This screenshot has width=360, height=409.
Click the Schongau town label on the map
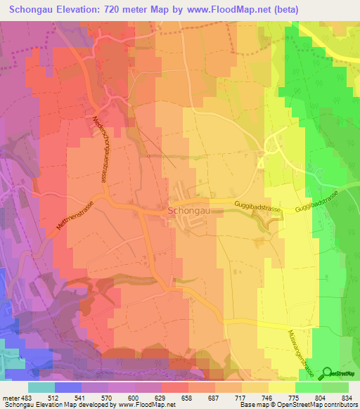pyautogui.click(x=186, y=210)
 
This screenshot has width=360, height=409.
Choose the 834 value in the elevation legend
pyautogui.click(x=348, y=398)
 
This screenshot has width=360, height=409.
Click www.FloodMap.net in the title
pyautogui.click(x=220, y=10)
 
